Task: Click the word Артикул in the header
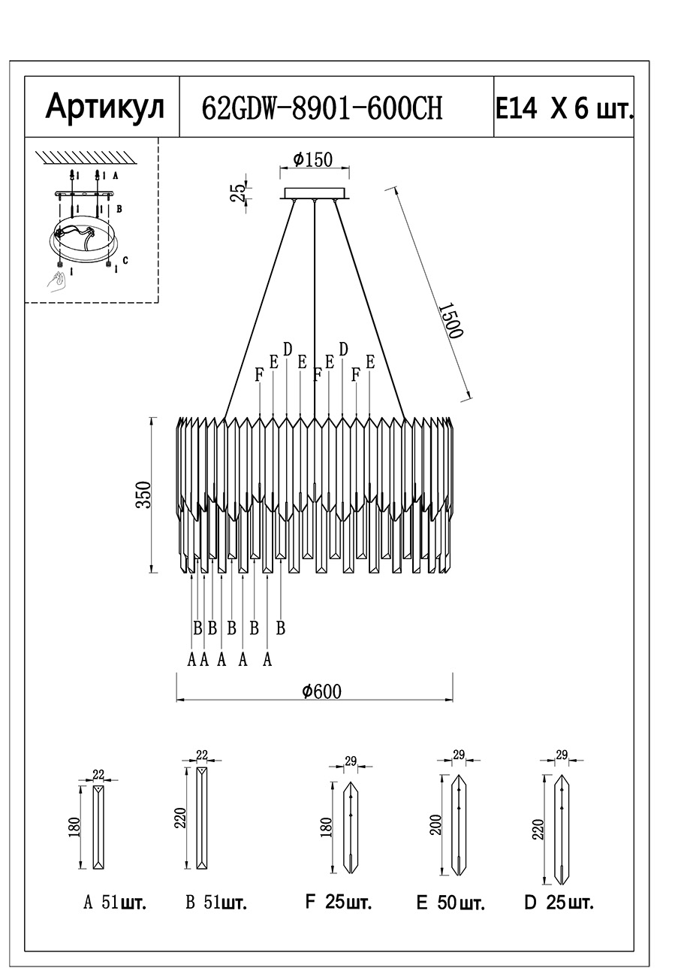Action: [104, 107]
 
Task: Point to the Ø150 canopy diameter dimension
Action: [314, 159]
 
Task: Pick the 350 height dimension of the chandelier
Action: [143, 495]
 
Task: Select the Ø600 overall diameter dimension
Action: [321, 691]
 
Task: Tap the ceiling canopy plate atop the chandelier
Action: [315, 193]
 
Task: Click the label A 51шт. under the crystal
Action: [114, 903]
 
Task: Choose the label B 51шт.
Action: [216, 903]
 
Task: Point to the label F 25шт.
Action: [338, 903]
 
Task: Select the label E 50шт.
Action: [450, 903]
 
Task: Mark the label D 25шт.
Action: [559, 903]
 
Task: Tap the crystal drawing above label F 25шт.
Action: [351, 827]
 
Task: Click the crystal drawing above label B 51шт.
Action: [201, 818]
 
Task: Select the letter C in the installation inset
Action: [125, 260]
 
